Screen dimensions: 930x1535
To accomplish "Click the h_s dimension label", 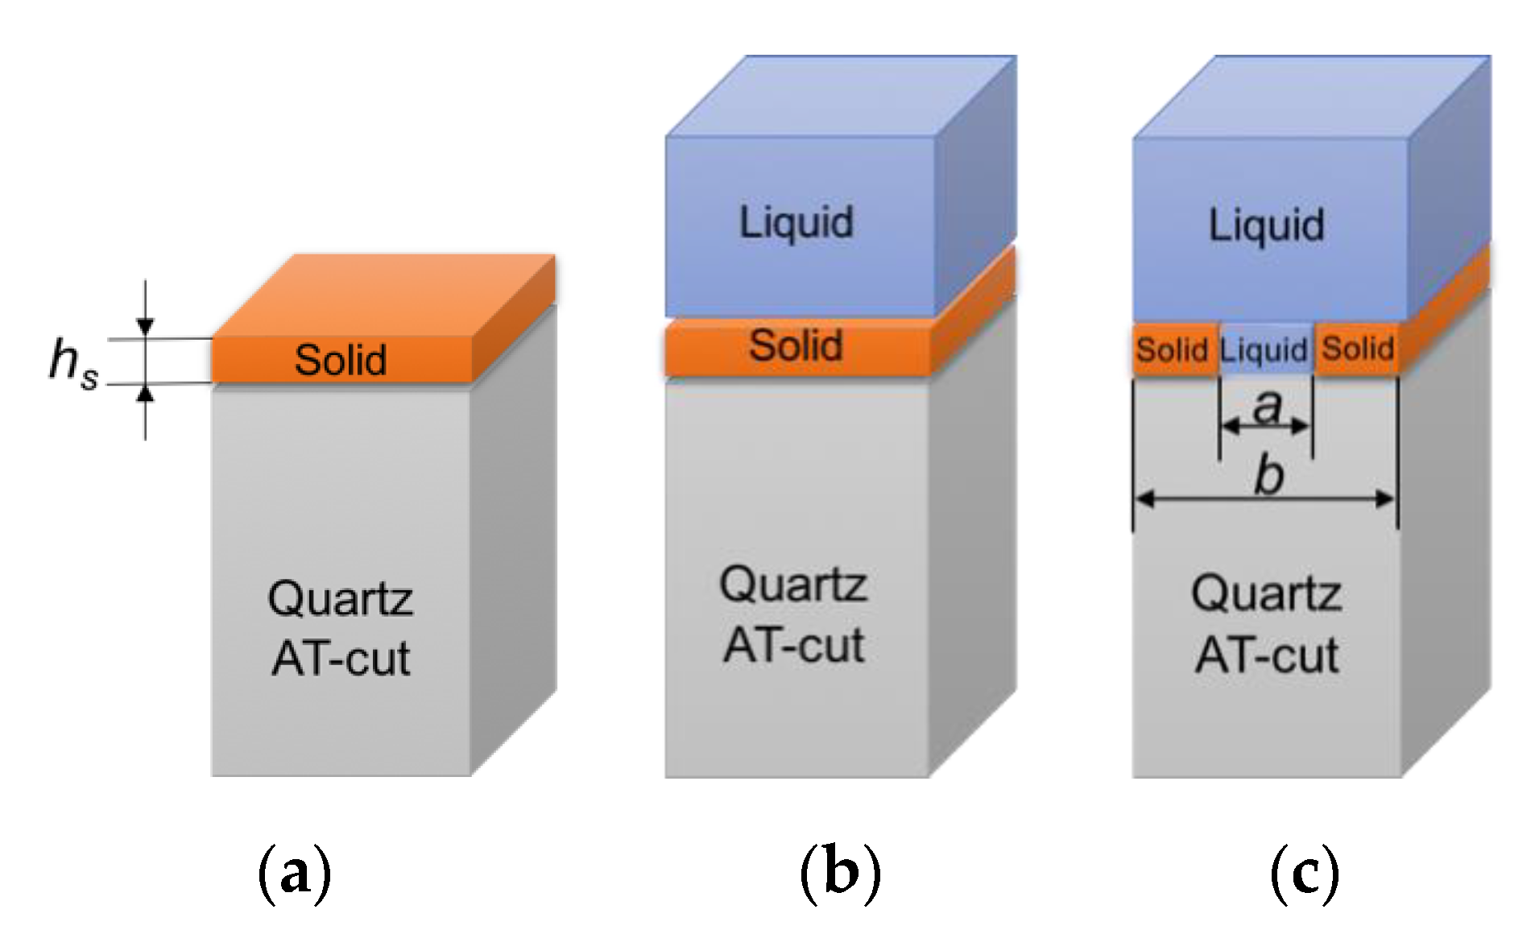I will (72, 362).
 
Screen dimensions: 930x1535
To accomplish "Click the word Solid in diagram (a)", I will (340, 360).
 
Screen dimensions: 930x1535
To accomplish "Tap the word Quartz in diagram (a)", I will (340, 599).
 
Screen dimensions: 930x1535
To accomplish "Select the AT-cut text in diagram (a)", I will (340, 659).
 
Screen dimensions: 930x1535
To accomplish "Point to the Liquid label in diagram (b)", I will (796, 222).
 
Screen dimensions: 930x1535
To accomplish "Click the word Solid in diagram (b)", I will (796, 345).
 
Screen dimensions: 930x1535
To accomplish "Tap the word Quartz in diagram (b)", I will (793, 585).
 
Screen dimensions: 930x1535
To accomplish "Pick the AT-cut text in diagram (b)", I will (793, 646).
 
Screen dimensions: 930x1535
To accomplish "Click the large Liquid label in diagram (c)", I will (1266, 225).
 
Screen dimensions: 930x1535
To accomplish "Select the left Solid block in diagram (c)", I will (1172, 349).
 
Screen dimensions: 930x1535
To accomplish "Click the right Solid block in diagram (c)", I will (1357, 349).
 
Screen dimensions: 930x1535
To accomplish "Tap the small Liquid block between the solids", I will (1264, 349).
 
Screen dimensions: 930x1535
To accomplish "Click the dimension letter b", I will (1269, 475).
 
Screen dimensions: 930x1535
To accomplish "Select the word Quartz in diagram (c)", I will (1266, 594).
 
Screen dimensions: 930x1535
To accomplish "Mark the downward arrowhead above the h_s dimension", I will (145, 326).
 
